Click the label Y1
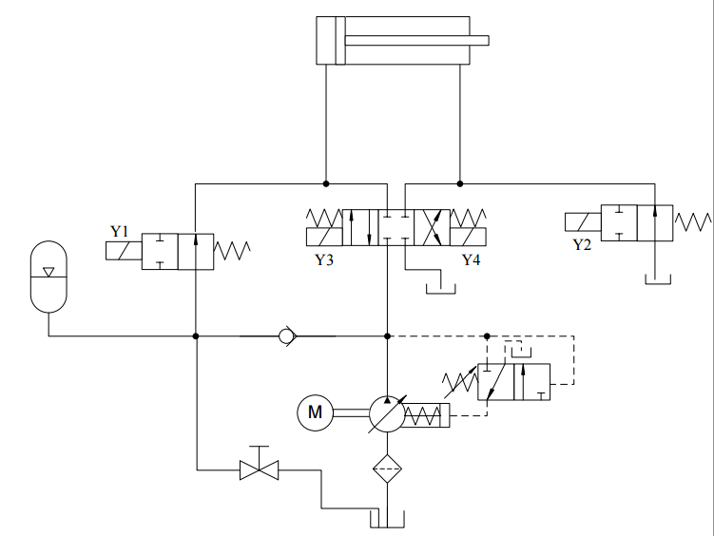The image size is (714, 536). pos(119,232)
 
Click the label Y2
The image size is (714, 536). pos(582,245)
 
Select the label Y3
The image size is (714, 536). pos(324,259)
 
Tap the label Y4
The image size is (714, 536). pos(471,259)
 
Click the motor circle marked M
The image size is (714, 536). pos(315,412)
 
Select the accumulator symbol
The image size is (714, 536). pos(48,277)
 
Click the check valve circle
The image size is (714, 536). pos(286,336)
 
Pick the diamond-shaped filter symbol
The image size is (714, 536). pos(388,469)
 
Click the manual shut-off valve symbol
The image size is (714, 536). pos(260,464)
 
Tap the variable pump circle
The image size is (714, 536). pos(387,413)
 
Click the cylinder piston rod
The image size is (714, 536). pos(416,41)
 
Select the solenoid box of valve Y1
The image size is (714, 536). pos(124,251)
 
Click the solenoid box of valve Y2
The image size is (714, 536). pos(583,222)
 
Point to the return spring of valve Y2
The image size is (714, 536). pos(692,222)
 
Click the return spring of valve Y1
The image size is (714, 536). pos(232,251)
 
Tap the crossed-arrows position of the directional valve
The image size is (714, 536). pos(433,227)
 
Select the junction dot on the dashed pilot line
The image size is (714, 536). pos(487,336)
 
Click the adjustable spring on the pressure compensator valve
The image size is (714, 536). pos(460,382)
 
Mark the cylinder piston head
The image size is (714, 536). pos(340,41)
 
